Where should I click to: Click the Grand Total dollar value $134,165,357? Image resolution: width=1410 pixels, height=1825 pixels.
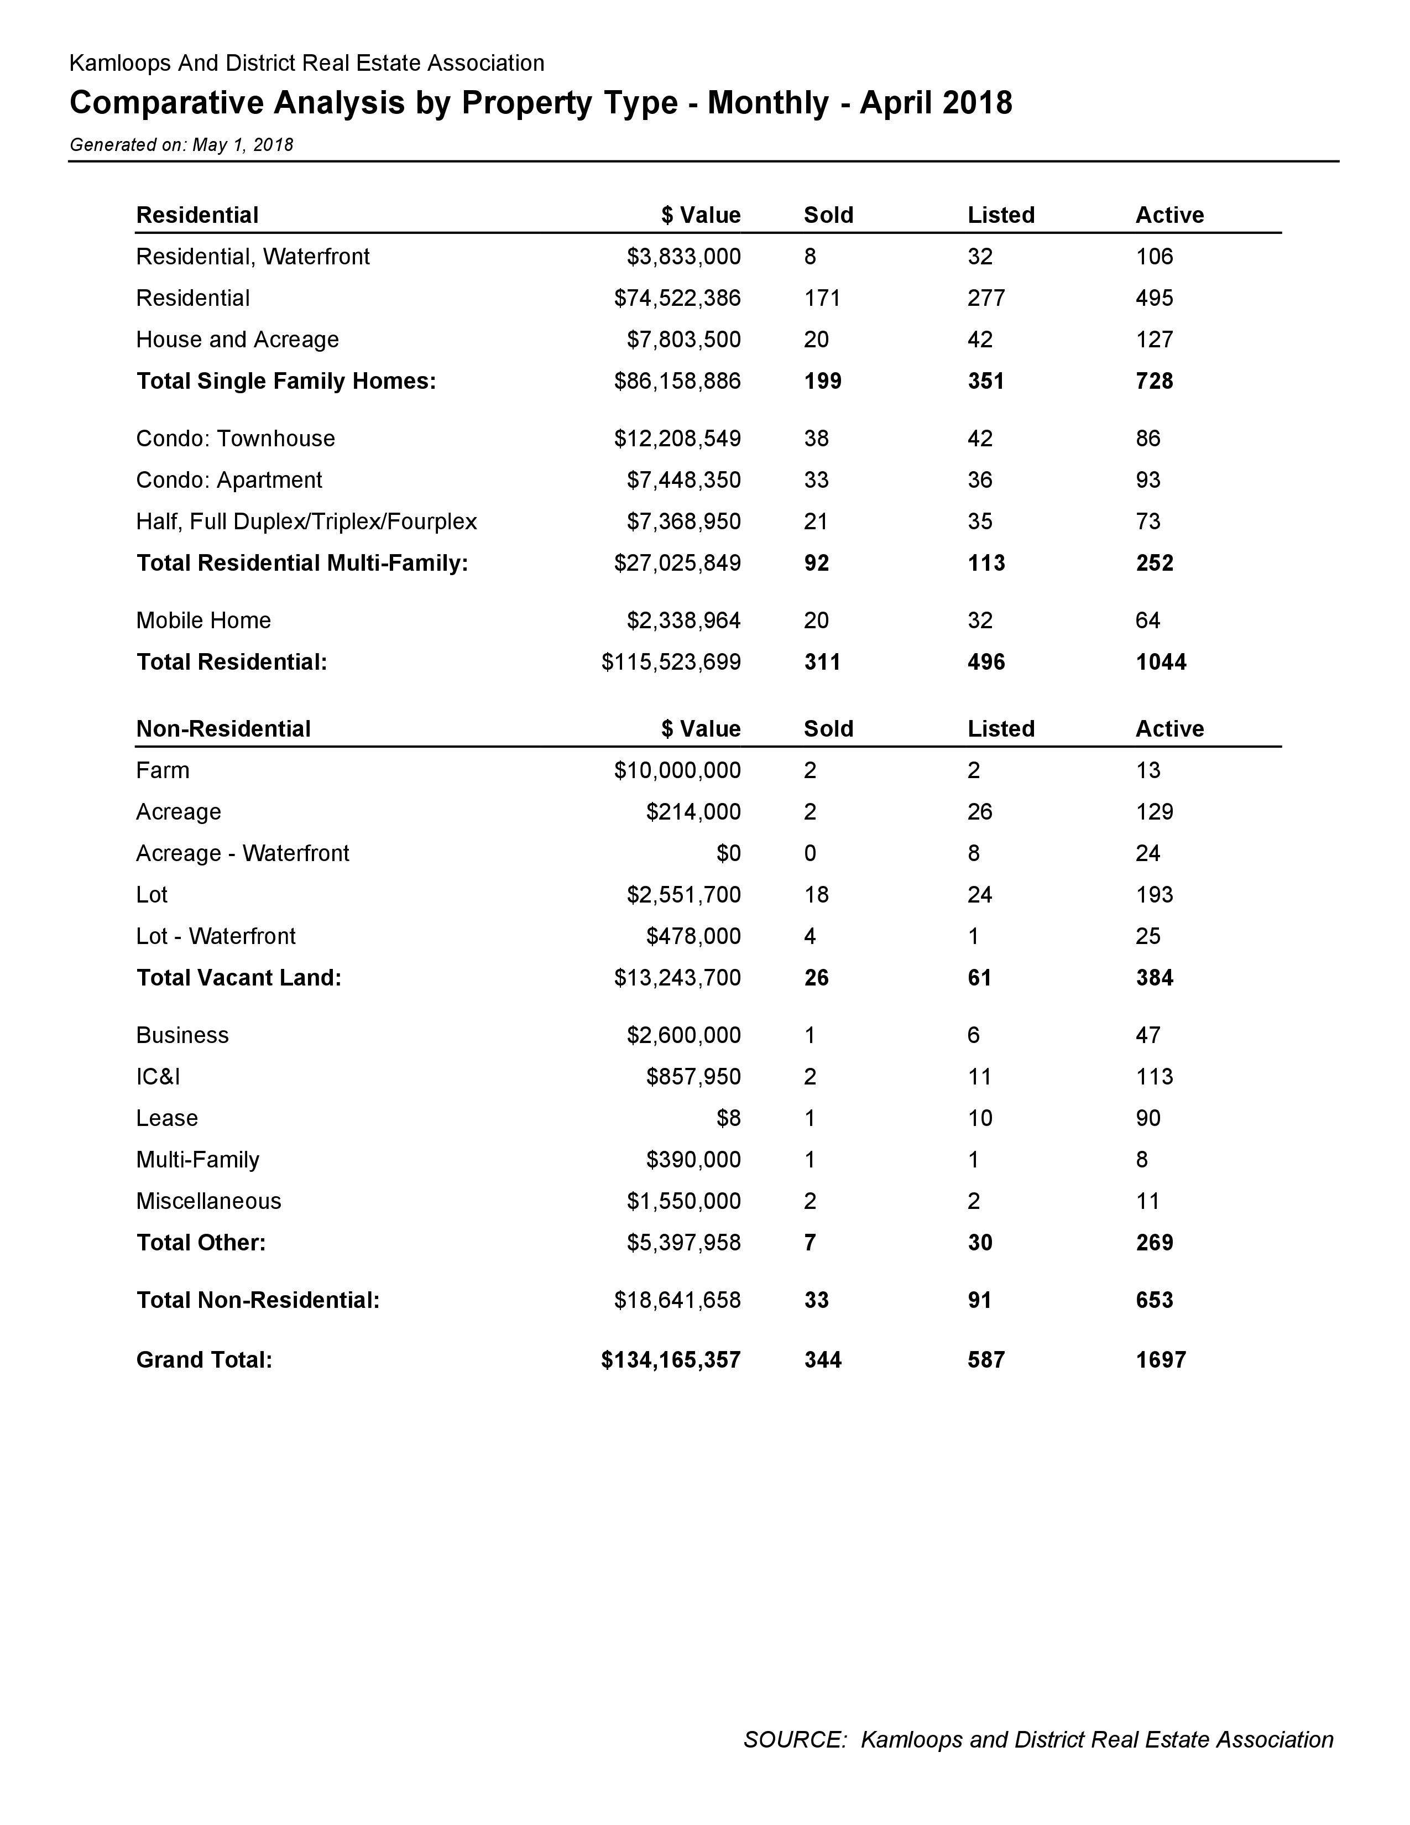point(670,1359)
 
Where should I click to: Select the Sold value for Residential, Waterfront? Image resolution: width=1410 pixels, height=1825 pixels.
point(810,257)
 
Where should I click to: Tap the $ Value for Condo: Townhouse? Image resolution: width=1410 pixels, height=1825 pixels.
point(677,439)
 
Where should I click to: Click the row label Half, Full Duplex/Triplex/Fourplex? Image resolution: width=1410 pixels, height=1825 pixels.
point(306,522)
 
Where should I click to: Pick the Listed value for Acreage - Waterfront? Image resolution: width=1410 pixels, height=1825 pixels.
point(973,853)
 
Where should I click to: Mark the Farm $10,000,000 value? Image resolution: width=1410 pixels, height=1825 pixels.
point(677,770)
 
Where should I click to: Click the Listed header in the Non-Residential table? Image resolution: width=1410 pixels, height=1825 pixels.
point(1001,729)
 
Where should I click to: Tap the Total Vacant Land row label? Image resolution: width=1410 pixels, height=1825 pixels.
point(238,978)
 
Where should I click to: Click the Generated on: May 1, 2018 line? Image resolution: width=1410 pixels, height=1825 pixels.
point(181,144)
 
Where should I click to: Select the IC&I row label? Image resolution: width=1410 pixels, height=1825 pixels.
point(158,1076)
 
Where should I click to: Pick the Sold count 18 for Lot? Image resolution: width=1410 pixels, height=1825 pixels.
point(816,895)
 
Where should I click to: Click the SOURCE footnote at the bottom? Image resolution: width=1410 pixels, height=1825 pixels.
point(1037,1740)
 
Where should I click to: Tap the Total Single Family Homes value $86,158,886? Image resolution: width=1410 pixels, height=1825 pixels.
point(677,381)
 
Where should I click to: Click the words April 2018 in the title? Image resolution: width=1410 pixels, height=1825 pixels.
point(936,103)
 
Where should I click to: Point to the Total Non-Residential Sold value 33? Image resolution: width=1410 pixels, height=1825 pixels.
point(816,1300)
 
